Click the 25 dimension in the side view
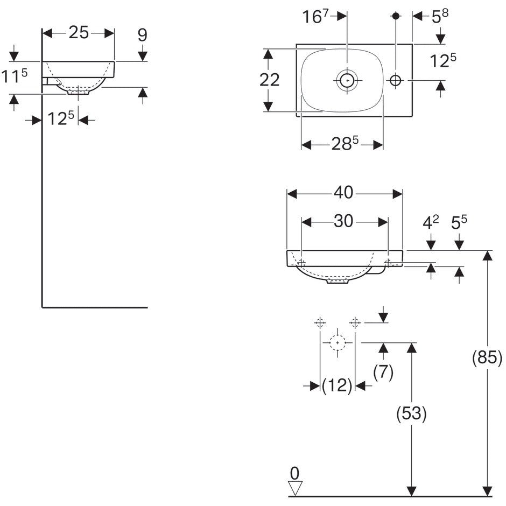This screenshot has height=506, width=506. [x=79, y=33]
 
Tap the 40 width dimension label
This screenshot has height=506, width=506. [x=343, y=193]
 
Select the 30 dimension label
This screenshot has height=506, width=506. [x=343, y=221]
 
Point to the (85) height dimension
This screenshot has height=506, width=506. [x=487, y=358]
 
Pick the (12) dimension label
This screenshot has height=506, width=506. [x=337, y=385]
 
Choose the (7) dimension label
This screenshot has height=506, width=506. [x=383, y=372]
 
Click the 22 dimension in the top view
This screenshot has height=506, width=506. [x=270, y=80]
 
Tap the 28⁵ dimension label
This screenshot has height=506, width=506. [x=345, y=144]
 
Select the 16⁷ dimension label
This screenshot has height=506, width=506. [x=315, y=16]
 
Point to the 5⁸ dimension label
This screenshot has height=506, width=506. [x=440, y=16]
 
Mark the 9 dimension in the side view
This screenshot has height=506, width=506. [x=142, y=35]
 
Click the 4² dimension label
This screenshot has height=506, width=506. [x=431, y=222]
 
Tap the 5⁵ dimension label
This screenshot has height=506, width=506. [x=459, y=222]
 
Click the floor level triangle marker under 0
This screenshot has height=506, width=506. [x=295, y=488]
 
